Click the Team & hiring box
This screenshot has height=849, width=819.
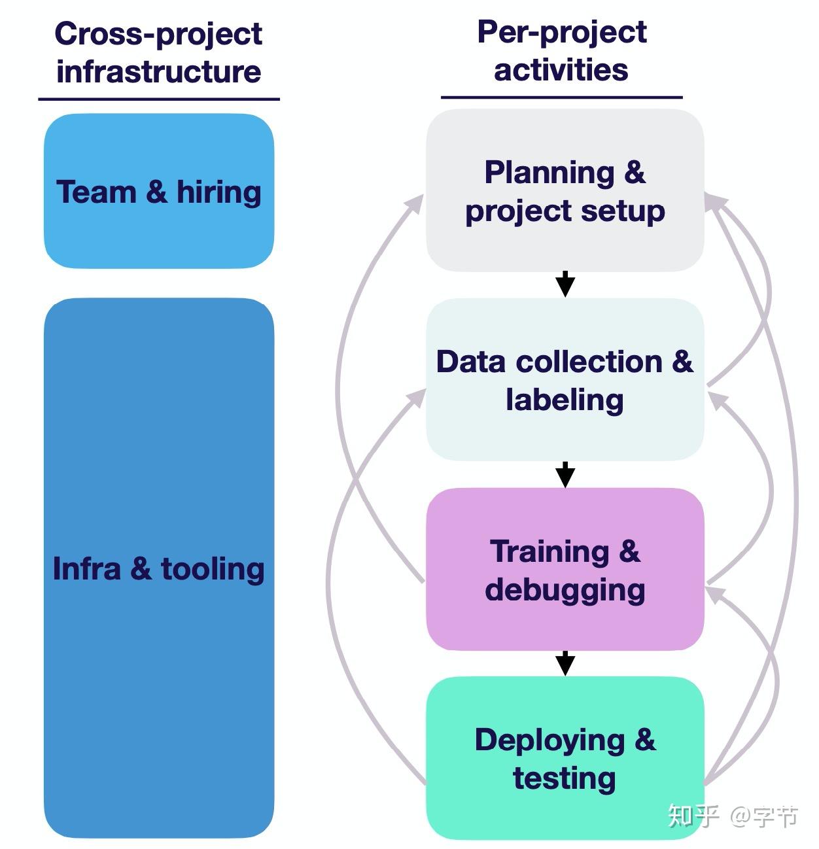[158, 191]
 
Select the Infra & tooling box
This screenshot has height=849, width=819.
[158, 568]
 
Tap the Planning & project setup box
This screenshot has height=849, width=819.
[565, 191]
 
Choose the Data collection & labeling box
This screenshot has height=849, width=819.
[565, 380]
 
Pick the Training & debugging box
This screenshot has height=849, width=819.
[565, 569]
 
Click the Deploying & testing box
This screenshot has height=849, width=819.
[565, 758]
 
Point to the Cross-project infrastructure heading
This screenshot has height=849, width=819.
[158, 52]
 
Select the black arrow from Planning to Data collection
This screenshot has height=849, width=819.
[565, 285]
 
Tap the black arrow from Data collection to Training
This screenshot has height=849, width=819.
[565, 474]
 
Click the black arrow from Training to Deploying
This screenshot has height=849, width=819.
[565, 663]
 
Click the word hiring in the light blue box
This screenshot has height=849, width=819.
[219, 192]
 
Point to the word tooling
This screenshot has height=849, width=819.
[213, 569]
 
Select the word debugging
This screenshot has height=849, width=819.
[565, 590]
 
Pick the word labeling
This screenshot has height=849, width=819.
[565, 400]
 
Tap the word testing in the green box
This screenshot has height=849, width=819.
[565, 778]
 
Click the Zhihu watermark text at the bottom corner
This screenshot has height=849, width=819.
[733, 816]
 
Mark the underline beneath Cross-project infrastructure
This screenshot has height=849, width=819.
[158, 99]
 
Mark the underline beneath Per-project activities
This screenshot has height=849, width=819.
[561, 97]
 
